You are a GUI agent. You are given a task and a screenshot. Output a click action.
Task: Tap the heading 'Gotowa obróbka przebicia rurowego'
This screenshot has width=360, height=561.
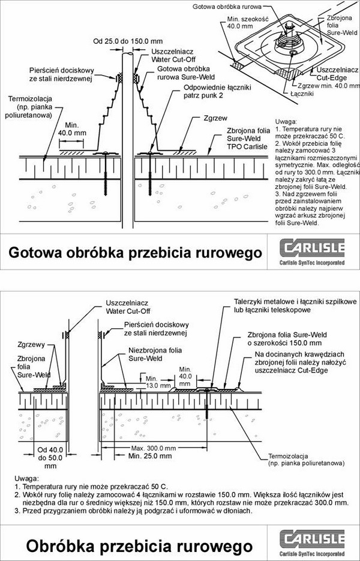point(135,253)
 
